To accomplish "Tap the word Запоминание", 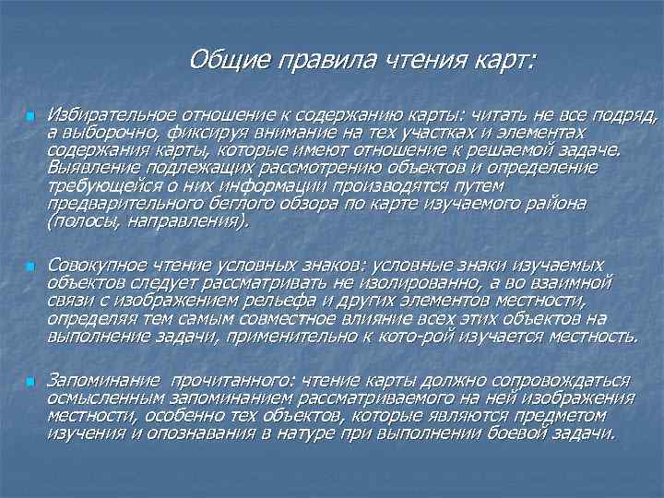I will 101,380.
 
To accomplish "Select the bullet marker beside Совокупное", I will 29,266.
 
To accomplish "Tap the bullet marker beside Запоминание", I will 29,381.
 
